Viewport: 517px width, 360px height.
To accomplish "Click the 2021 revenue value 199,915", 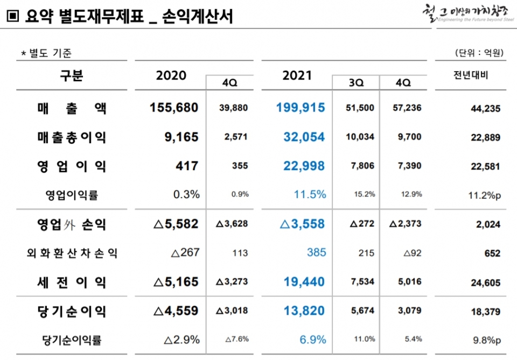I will tap(301, 108).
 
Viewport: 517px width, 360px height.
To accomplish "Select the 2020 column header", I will tap(171, 75).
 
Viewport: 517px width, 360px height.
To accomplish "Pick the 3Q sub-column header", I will tap(356, 83).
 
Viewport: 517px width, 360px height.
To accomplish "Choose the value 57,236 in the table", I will tap(407, 108).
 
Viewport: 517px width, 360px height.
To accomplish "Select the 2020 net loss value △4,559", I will tap(176, 311).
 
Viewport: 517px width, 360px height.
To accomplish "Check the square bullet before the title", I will tap(13, 17).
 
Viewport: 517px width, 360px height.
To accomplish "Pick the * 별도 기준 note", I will tap(46, 53).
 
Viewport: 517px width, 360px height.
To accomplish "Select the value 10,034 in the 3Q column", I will tap(360, 137).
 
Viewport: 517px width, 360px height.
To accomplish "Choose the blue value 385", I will tap(316, 253).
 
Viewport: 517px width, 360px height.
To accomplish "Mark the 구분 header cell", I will tap(72, 75).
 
